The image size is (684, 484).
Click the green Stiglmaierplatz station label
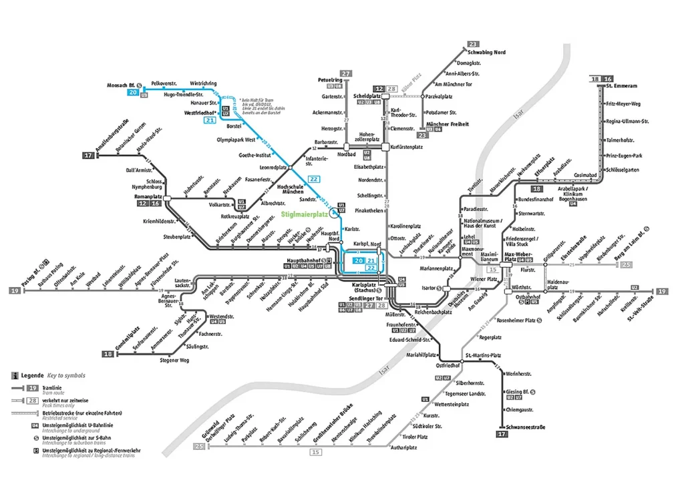tap(305, 215)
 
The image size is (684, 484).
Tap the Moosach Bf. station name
tap(122, 85)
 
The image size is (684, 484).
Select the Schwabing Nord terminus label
tap(486, 52)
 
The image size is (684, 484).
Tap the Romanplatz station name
tap(149, 197)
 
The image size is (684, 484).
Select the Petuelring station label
tap(330, 80)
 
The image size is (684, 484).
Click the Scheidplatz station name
tap(367, 96)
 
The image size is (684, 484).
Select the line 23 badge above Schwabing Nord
tap(474, 43)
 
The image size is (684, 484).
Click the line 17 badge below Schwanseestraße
tap(502, 435)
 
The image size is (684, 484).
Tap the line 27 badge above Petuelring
tap(346, 73)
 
